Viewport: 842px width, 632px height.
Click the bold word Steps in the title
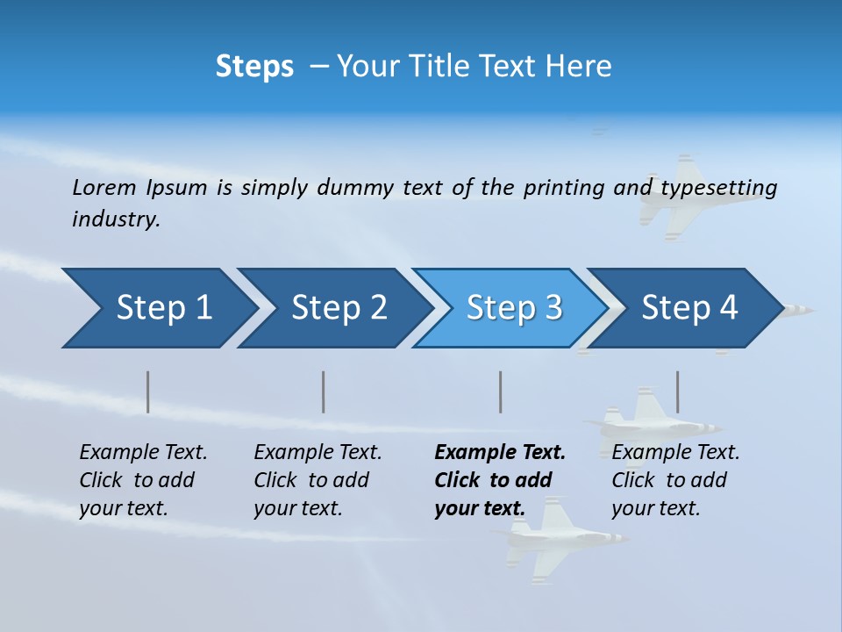pos(254,66)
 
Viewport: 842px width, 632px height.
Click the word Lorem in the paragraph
pos(104,187)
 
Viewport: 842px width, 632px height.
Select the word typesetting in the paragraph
pos(717,188)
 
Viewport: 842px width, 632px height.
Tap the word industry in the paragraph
pos(116,219)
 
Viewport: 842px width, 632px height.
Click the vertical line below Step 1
pos(148,391)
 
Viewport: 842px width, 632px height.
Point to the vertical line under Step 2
pos(324,391)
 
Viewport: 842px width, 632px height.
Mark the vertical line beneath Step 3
pos(501,391)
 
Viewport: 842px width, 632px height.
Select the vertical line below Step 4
pos(677,391)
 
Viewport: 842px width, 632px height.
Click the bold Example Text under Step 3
pos(500,453)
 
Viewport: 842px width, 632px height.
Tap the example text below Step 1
pos(143,479)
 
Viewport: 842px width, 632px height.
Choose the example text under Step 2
pos(318,479)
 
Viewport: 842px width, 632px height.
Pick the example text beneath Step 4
pos(675,479)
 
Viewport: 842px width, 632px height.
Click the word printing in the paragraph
pos(563,188)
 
